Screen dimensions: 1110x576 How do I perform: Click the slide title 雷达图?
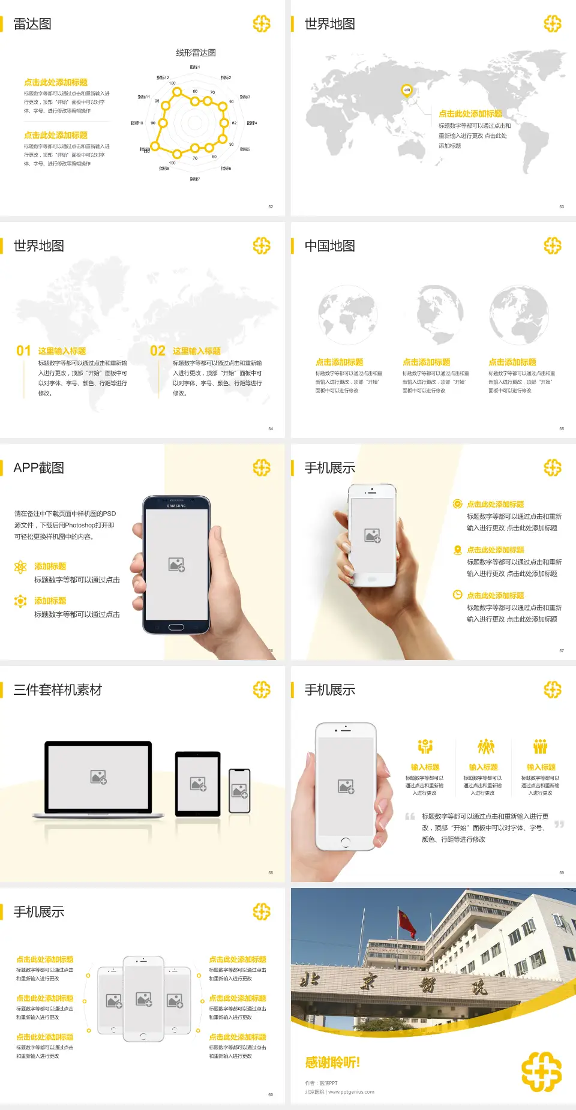32,24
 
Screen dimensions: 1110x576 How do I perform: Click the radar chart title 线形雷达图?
196,53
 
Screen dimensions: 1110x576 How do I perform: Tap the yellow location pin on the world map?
407,91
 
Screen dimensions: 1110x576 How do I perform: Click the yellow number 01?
23,351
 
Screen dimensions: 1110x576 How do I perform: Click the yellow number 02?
158,351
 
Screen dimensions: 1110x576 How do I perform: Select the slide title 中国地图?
329,246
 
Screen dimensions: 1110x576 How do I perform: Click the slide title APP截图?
38,468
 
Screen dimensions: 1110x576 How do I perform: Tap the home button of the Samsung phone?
176,627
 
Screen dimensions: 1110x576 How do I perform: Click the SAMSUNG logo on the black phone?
176,506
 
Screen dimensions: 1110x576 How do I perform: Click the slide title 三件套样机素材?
58,690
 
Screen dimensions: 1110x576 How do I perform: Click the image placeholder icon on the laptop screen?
98,777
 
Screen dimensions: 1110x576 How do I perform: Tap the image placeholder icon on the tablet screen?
198,784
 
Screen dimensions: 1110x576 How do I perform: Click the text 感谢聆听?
332,1063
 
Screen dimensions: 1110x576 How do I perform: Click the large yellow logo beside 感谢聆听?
541,1071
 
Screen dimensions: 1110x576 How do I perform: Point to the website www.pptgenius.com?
351,1092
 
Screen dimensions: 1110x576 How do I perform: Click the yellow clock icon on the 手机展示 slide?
457,595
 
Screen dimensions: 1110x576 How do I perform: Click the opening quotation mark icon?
410,817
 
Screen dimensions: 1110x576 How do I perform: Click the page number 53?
562,206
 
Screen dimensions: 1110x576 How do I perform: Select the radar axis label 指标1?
195,67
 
